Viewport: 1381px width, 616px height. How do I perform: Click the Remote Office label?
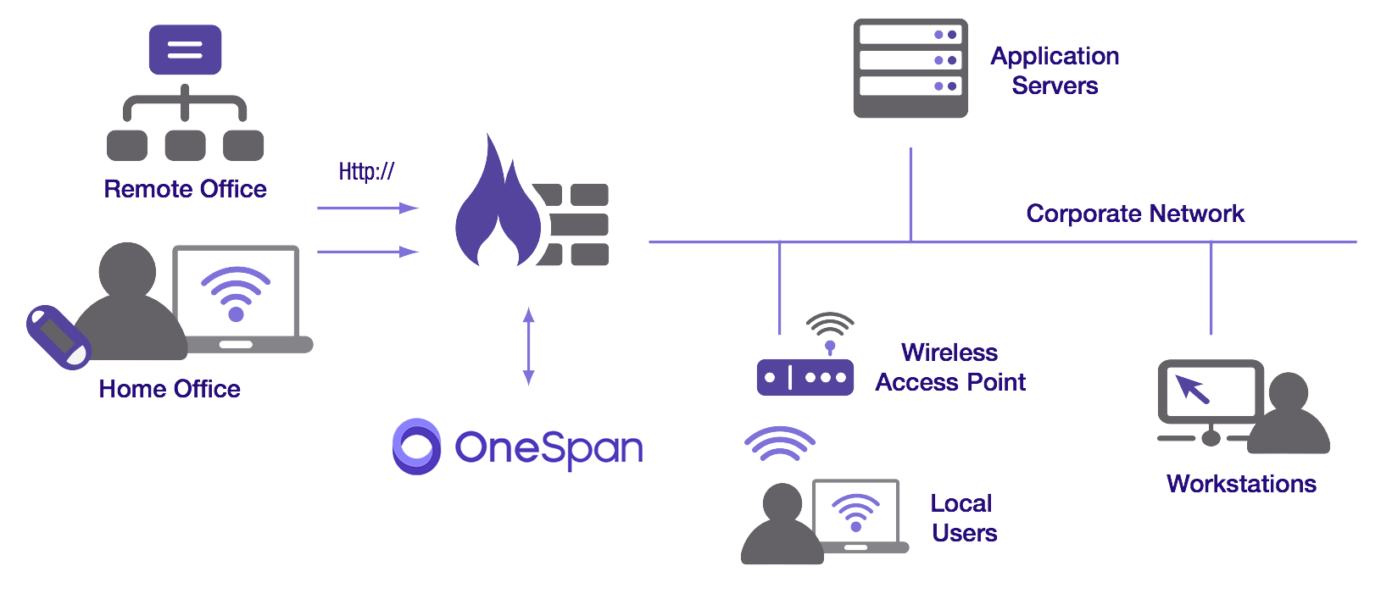tap(185, 189)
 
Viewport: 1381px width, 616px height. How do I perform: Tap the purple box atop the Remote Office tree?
tap(185, 50)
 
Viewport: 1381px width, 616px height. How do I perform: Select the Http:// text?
tap(366, 172)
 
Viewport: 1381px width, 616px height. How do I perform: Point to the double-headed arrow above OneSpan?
tap(528, 347)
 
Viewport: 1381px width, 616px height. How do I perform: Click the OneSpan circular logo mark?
tap(416, 447)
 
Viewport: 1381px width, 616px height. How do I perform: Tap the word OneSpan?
tap(549, 448)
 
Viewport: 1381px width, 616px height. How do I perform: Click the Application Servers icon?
tap(910, 68)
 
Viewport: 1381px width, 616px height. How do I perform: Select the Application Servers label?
tap(1055, 70)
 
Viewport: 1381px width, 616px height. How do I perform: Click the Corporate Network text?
tap(1134, 214)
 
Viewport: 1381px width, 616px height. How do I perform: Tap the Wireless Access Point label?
tap(950, 368)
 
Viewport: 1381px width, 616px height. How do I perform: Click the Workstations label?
tap(1240, 484)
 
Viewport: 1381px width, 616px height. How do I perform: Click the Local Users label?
tap(963, 518)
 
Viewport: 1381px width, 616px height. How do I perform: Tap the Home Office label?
tap(170, 389)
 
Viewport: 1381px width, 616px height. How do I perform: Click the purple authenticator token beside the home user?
tap(58, 337)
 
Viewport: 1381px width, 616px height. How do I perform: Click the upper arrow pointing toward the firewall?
tap(367, 208)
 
